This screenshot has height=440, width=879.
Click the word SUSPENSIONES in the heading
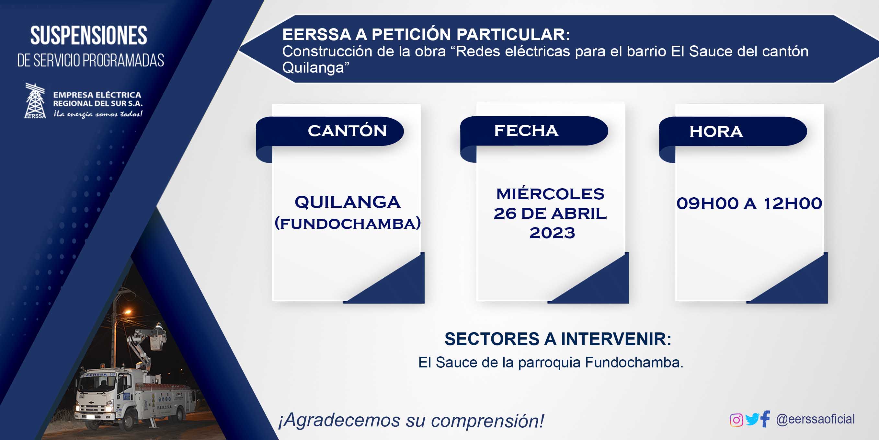coord(89,36)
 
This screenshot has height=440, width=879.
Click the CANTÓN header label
coord(347,131)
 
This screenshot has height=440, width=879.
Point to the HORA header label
coord(716,132)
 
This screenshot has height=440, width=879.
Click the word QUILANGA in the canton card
coord(348,202)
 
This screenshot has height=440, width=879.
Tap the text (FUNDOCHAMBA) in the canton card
coord(348,224)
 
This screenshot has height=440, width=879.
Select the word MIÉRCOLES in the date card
coord(550,194)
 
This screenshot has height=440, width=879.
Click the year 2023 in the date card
coord(552,233)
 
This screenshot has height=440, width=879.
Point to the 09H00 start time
coord(707,203)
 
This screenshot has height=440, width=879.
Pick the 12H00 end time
coord(793,203)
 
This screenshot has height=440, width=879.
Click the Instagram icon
coord(736,420)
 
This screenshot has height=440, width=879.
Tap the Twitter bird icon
coord(752,420)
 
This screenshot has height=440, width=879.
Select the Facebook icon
coord(765,419)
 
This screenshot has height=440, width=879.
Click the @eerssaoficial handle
coord(815,419)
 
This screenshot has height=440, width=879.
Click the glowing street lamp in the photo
coord(128,312)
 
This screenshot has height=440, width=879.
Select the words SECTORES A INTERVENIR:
coord(558,339)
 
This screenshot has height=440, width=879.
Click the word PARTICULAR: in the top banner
coord(513,34)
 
